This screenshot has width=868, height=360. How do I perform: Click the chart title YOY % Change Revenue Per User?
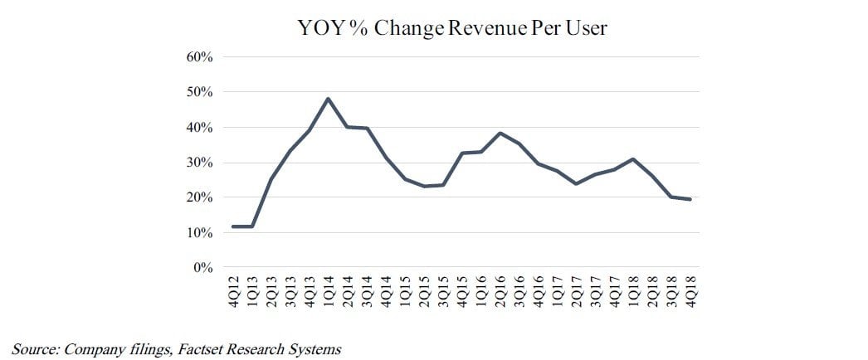(x=452, y=29)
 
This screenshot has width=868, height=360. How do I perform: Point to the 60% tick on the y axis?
(x=203, y=57)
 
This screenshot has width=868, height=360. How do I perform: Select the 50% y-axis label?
(x=203, y=92)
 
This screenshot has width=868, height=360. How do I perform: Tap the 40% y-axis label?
(x=203, y=128)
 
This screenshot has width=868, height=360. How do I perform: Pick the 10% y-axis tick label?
(x=203, y=233)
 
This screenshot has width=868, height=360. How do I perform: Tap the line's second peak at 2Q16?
(x=502, y=133)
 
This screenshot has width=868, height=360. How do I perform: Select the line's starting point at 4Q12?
(x=233, y=226)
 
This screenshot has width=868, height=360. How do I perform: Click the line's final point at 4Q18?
(x=690, y=199)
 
